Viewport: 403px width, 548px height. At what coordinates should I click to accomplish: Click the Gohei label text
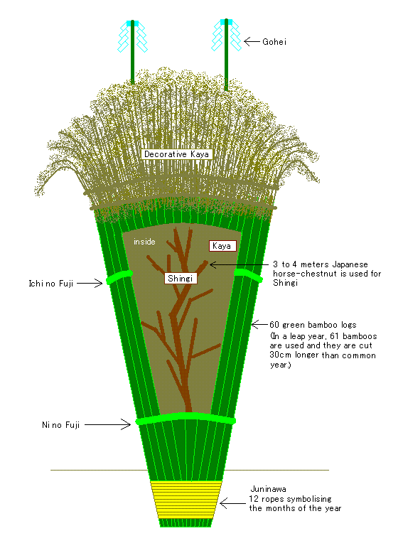(274, 42)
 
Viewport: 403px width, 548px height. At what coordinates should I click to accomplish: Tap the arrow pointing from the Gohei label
(252, 42)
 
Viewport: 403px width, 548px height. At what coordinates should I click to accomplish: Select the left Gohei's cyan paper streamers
(132, 36)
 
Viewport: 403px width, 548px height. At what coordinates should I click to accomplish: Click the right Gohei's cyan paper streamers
(227, 35)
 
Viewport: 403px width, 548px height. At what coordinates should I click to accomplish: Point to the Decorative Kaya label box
(176, 154)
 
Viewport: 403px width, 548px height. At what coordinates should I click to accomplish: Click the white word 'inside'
(144, 242)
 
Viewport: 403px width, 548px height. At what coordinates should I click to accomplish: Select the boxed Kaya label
(222, 246)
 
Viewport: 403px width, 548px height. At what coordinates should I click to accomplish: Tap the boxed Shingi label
(181, 279)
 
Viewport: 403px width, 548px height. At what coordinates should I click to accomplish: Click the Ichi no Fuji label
(51, 284)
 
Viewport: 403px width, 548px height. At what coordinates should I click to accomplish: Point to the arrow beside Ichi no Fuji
(90, 283)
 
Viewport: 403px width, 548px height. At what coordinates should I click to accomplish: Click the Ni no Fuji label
(61, 425)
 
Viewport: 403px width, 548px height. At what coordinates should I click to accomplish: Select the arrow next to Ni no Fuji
(107, 424)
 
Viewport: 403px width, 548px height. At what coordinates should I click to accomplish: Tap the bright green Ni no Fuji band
(186, 418)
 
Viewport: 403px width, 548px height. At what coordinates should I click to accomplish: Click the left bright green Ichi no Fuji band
(119, 276)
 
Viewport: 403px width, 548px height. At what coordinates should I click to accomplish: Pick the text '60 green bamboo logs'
(313, 325)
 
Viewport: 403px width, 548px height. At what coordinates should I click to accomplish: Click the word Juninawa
(268, 489)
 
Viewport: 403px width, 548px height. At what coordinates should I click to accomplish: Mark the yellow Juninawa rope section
(186, 500)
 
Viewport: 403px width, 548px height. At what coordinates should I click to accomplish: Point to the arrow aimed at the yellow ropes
(233, 504)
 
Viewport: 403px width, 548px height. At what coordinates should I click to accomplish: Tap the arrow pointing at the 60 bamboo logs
(259, 325)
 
